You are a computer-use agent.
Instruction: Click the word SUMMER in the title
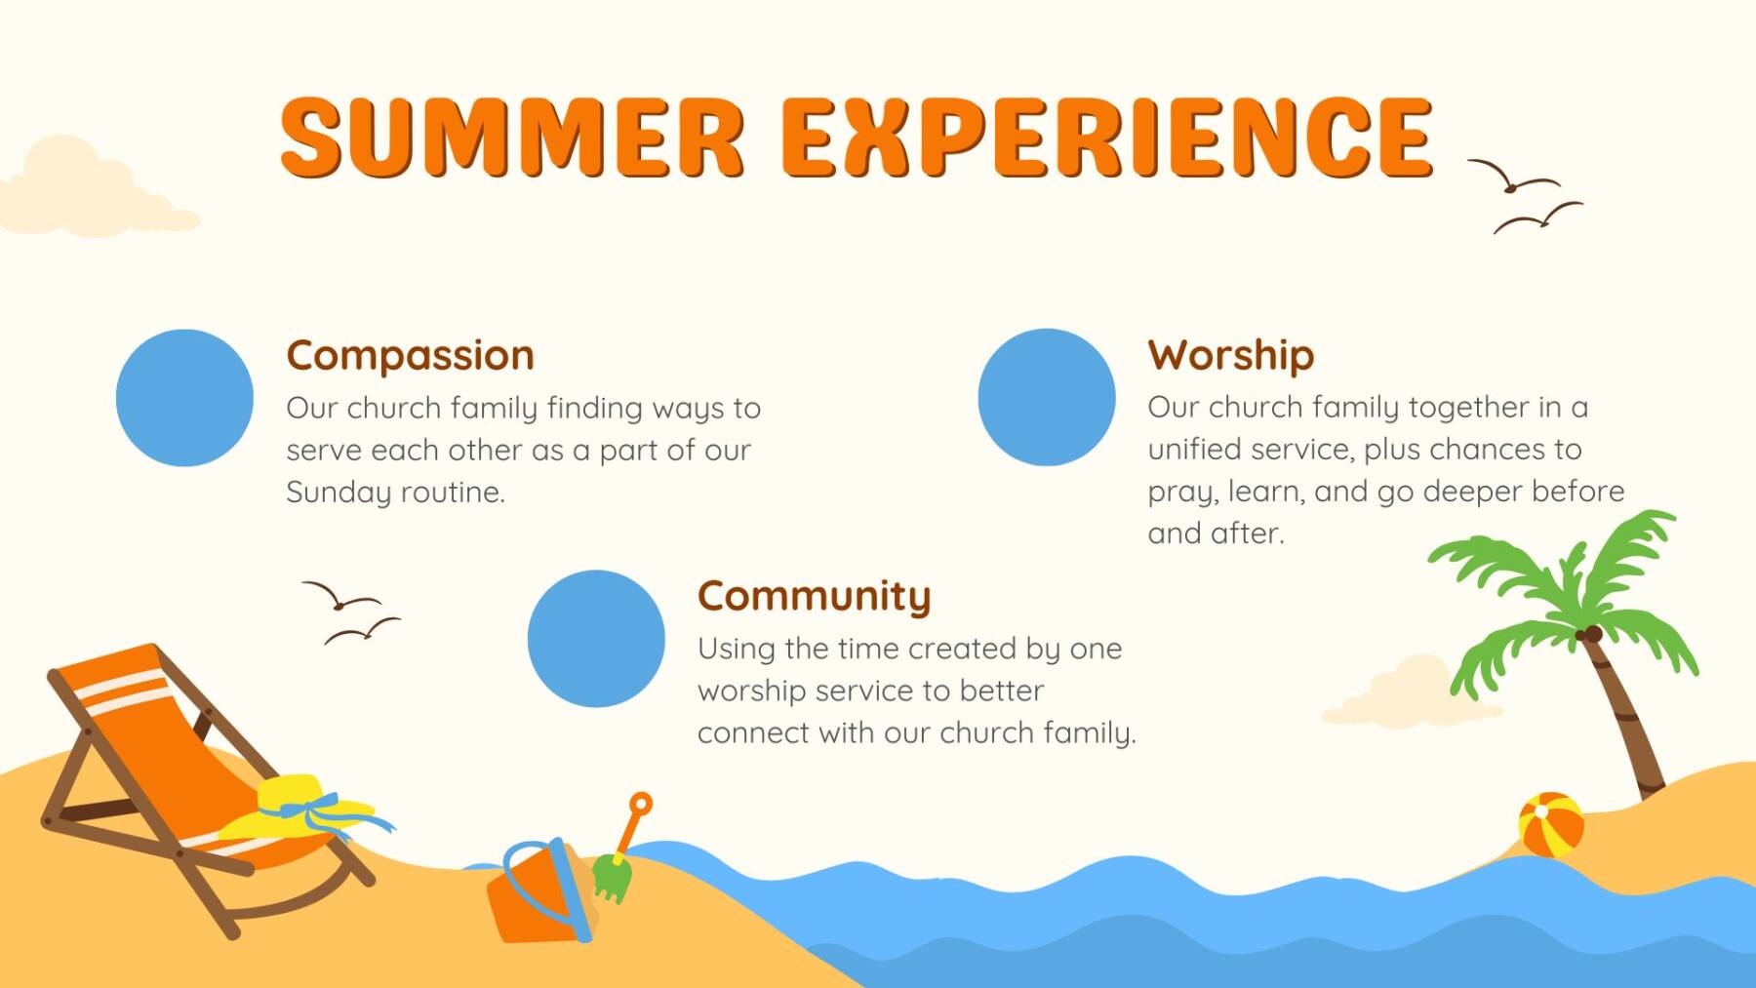click(512, 137)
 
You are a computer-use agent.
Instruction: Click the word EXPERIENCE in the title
click(1107, 137)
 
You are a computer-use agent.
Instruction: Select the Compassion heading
click(410, 356)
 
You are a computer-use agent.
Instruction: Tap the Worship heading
click(1231, 355)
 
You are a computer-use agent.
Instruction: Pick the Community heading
click(815, 596)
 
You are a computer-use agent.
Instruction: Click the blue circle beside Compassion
click(184, 398)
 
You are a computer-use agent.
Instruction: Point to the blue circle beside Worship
click(1047, 397)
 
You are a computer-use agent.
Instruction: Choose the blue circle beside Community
click(596, 639)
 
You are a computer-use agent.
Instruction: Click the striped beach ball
click(1551, 825)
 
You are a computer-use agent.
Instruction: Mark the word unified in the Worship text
click(1195, 450)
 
